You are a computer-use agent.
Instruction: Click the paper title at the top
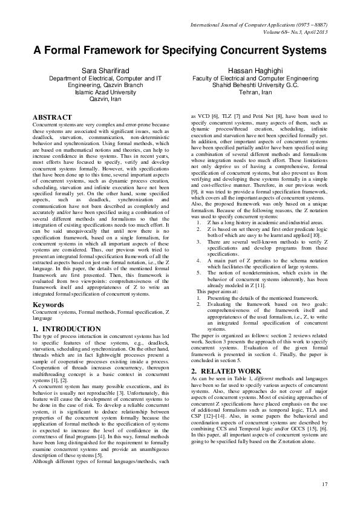[x=180, y=50]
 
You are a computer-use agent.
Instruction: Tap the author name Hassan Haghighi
[x=253, y=71]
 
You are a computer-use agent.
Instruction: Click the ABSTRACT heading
[x=53, y=117]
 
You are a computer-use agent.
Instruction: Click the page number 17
[x=324, y=484]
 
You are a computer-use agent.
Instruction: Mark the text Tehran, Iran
[x=253, y=92]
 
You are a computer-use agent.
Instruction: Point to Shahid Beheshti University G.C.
[x=253, y=85]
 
